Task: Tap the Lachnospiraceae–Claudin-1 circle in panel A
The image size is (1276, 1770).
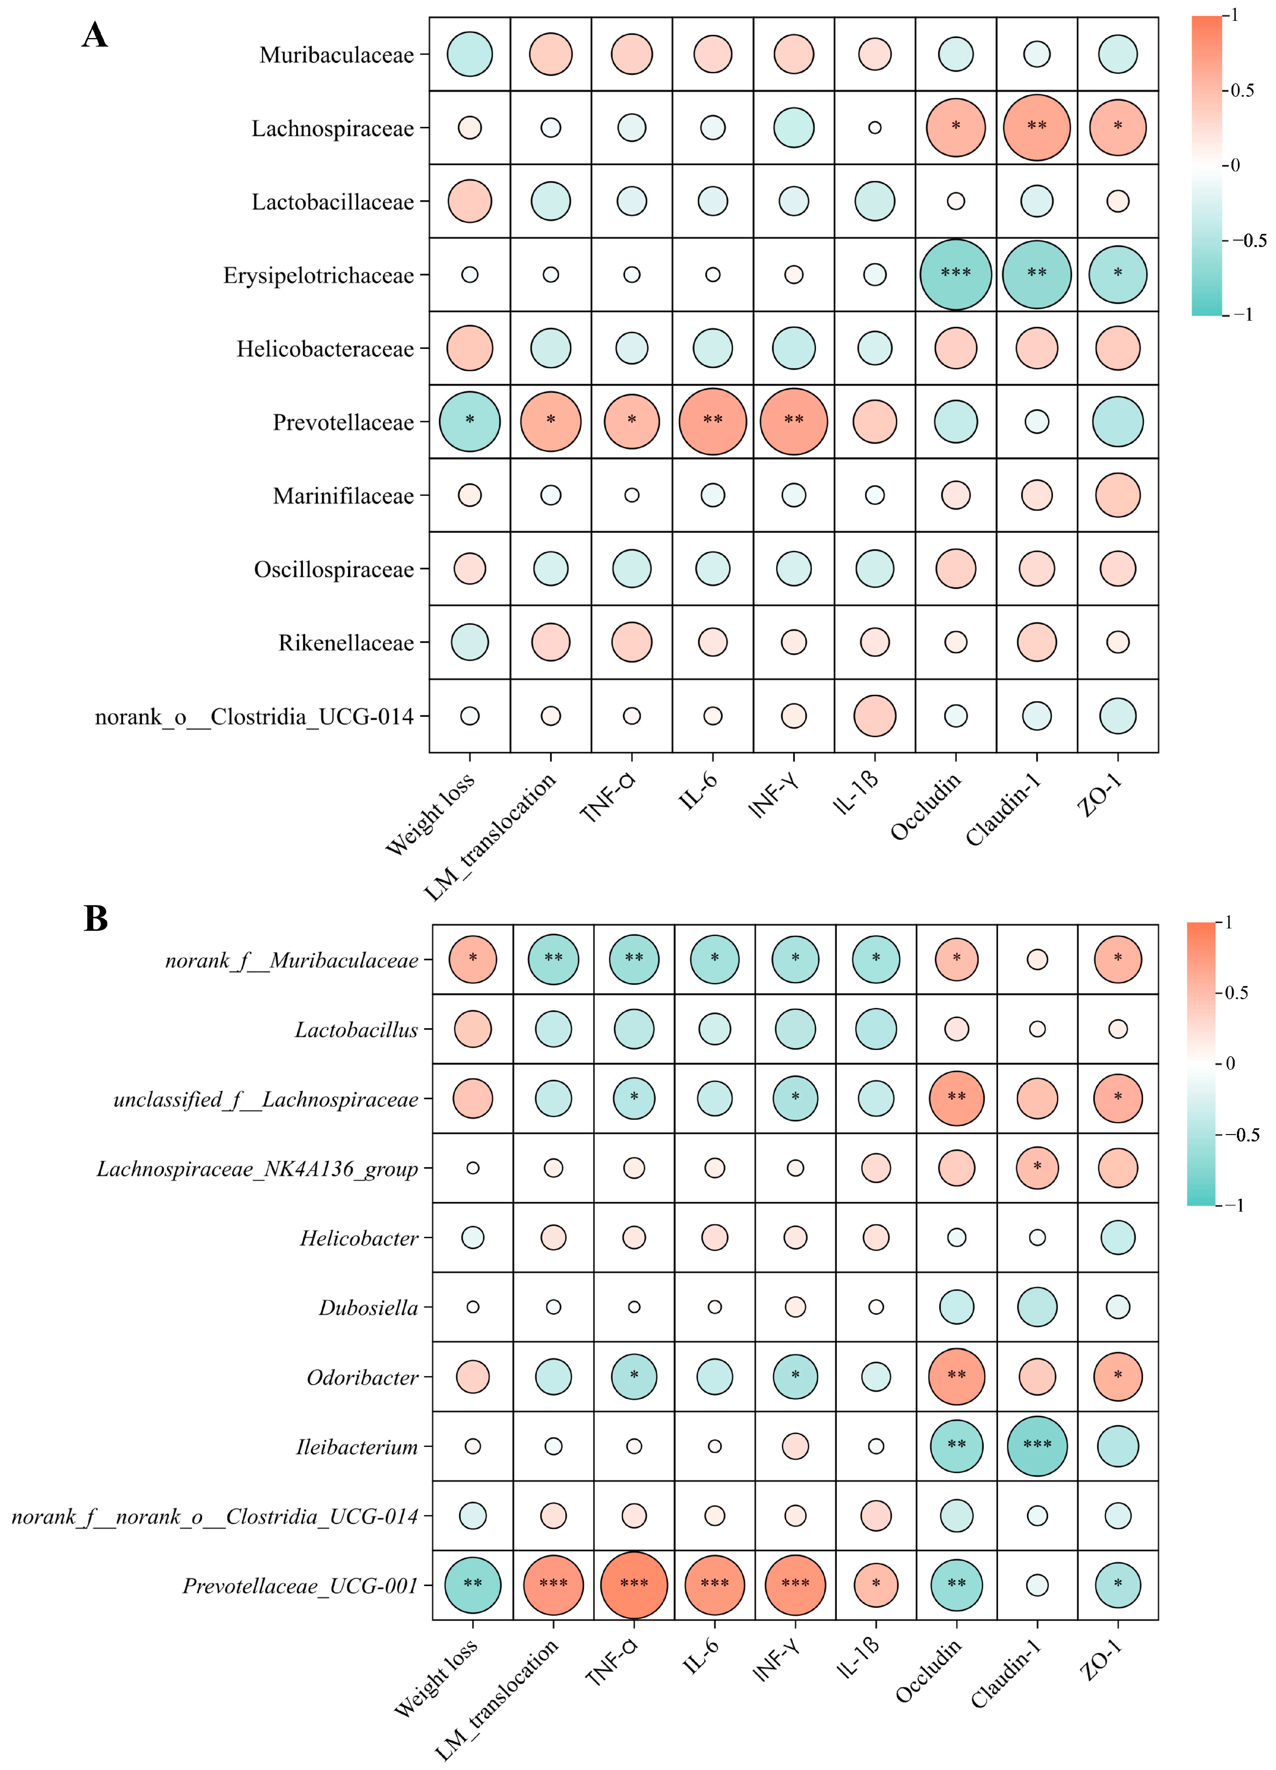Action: tap(1036, 127)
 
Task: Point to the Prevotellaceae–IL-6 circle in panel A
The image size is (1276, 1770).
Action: tap(713, 421)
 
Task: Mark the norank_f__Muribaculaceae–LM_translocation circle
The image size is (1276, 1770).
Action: tap(553, 959)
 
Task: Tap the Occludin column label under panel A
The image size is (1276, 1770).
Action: tap(927, 808)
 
